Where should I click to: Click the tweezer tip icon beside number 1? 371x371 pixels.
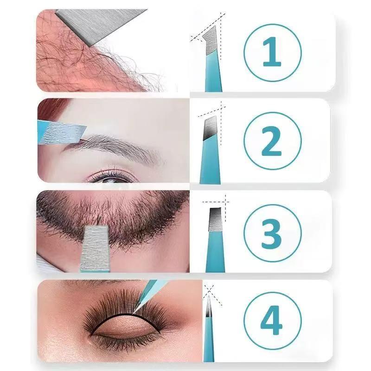click(211, 60)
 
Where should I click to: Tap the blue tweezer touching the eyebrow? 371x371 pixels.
click(60, 130)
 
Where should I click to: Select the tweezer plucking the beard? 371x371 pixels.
click(95, 248)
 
